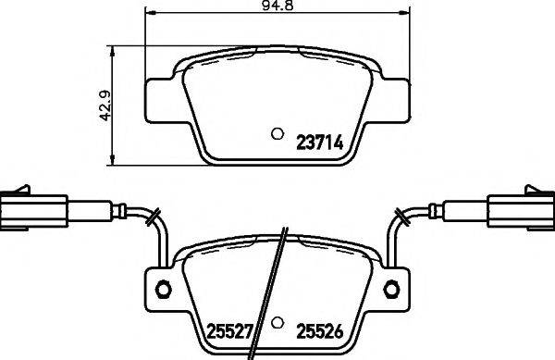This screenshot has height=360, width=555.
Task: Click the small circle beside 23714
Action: point(276,133)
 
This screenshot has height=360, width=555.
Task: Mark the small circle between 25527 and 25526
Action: point(276,324)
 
